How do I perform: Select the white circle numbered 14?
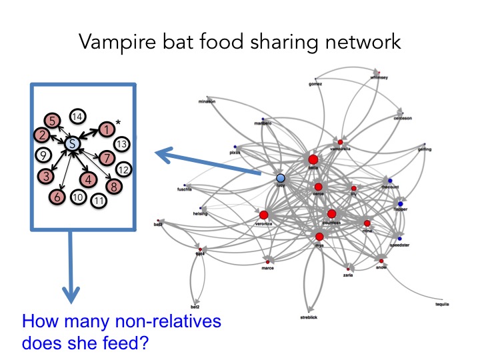point(78,117)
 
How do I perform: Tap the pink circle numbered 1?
point(105,129)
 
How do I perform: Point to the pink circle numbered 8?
point(114,186)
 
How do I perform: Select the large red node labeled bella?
point(313,159)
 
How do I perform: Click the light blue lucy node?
point(281,178)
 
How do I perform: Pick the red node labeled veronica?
point(263,215)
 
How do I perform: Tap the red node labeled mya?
point(319,237)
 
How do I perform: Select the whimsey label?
point(378,77)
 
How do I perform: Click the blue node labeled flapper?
point(401,204)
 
